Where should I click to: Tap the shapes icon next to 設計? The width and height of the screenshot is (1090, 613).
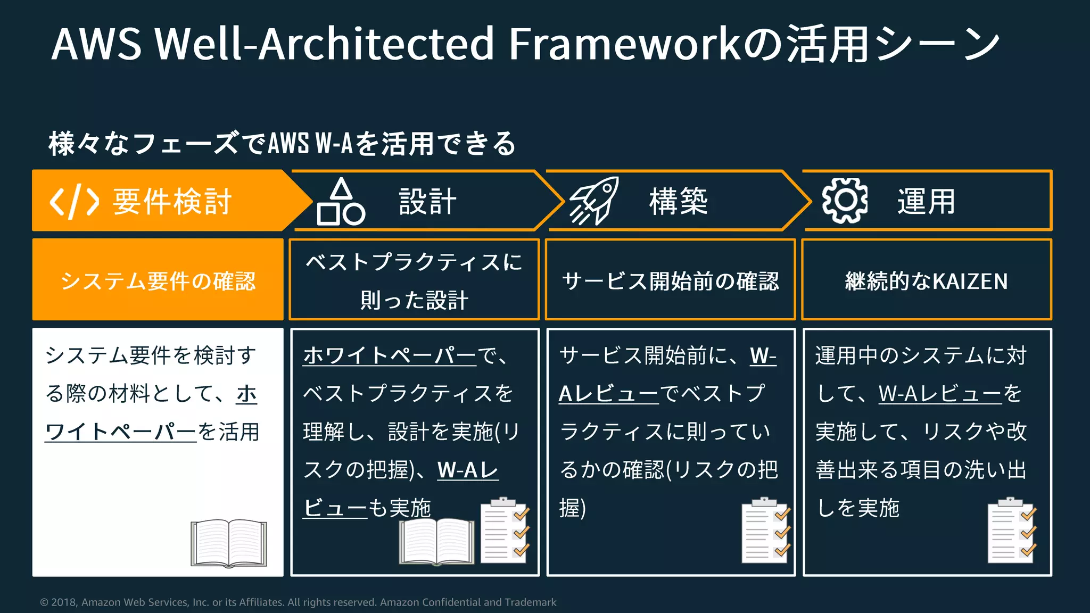point(341,202)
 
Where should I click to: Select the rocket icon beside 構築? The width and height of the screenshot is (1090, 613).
point(594,201)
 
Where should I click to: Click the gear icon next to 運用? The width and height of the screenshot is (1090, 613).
point(845,201)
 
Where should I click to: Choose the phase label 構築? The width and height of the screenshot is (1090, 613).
point(679,202)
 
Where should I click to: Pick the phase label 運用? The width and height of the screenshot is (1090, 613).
point(927,202)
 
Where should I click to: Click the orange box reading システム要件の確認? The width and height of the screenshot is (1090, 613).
point(158,280)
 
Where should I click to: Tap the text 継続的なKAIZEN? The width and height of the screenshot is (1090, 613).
point(927,281)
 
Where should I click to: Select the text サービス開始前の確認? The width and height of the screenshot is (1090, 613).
point(671,281)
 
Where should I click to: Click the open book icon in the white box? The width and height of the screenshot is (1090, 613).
point(229,543)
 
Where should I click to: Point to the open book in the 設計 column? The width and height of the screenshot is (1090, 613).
point(437,541)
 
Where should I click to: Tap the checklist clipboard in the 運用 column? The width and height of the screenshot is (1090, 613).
point(1012,531)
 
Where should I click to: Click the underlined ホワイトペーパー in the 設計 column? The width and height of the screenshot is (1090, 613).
point(390,355)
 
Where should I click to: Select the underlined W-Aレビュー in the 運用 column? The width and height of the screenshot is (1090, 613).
point(940,394)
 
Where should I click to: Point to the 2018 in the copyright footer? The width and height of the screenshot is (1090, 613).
point(64,602)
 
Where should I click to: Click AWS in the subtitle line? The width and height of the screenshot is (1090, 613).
point(288,144)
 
